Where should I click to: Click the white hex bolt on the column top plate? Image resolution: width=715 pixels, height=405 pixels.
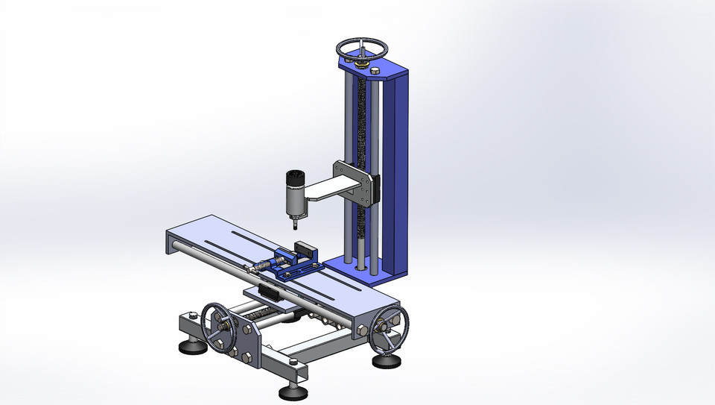pyautogui.click(x=375, y=70)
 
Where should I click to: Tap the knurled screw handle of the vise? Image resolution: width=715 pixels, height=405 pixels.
pyautogui.click(x=262, y=266)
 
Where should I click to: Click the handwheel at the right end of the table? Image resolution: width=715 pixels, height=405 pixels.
pyautogui.click(x=390, y=328)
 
